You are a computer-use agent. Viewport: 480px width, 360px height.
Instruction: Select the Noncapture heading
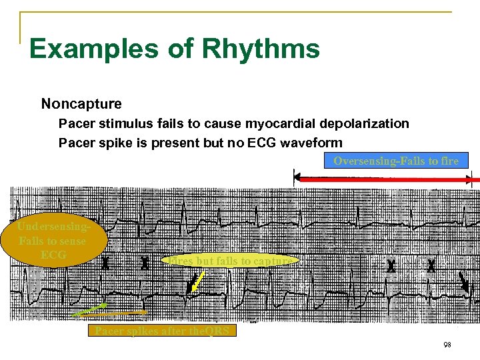pos(81,104)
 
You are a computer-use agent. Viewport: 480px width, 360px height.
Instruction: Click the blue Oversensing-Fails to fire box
pos(396,161)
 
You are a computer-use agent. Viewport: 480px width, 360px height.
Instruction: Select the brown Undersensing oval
pos(53,241)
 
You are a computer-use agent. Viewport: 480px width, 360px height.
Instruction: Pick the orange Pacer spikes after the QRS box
pos(162,331)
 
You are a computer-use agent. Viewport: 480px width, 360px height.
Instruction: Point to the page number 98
pos(447,345)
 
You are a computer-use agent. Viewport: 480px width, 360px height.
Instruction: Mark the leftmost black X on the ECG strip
pos(105,263)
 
